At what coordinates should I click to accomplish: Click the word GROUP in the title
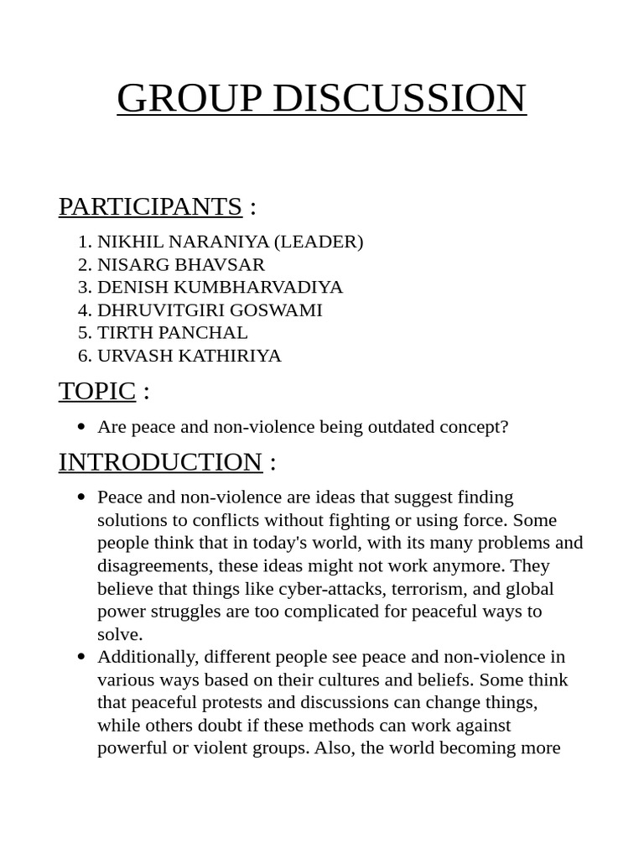[190, 98]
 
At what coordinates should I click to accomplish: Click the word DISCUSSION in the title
[399, 98]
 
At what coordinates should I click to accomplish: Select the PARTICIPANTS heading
[150, 206]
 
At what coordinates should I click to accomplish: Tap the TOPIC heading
[96, 391]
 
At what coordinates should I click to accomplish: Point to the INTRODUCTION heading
[160, 462]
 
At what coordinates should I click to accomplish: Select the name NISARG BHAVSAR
[180, 264]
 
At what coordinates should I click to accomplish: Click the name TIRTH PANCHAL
[172, 333]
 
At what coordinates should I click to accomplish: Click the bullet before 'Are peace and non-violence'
[81, 427]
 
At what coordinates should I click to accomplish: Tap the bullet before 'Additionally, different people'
[81, 657]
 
